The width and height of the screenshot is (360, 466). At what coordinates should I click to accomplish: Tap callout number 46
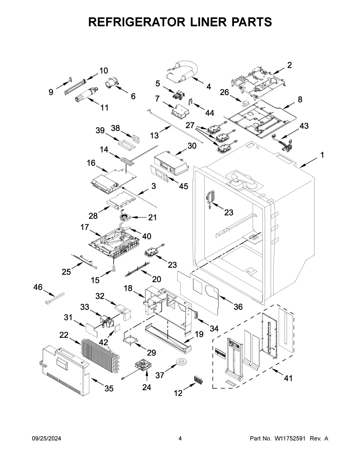coord(38,287)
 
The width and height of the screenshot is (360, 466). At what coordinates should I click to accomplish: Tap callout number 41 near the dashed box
coord(288,378)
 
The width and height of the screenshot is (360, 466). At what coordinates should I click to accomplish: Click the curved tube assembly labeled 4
coord(183,71)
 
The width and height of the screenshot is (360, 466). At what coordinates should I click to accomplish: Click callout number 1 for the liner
coord(322,155)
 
